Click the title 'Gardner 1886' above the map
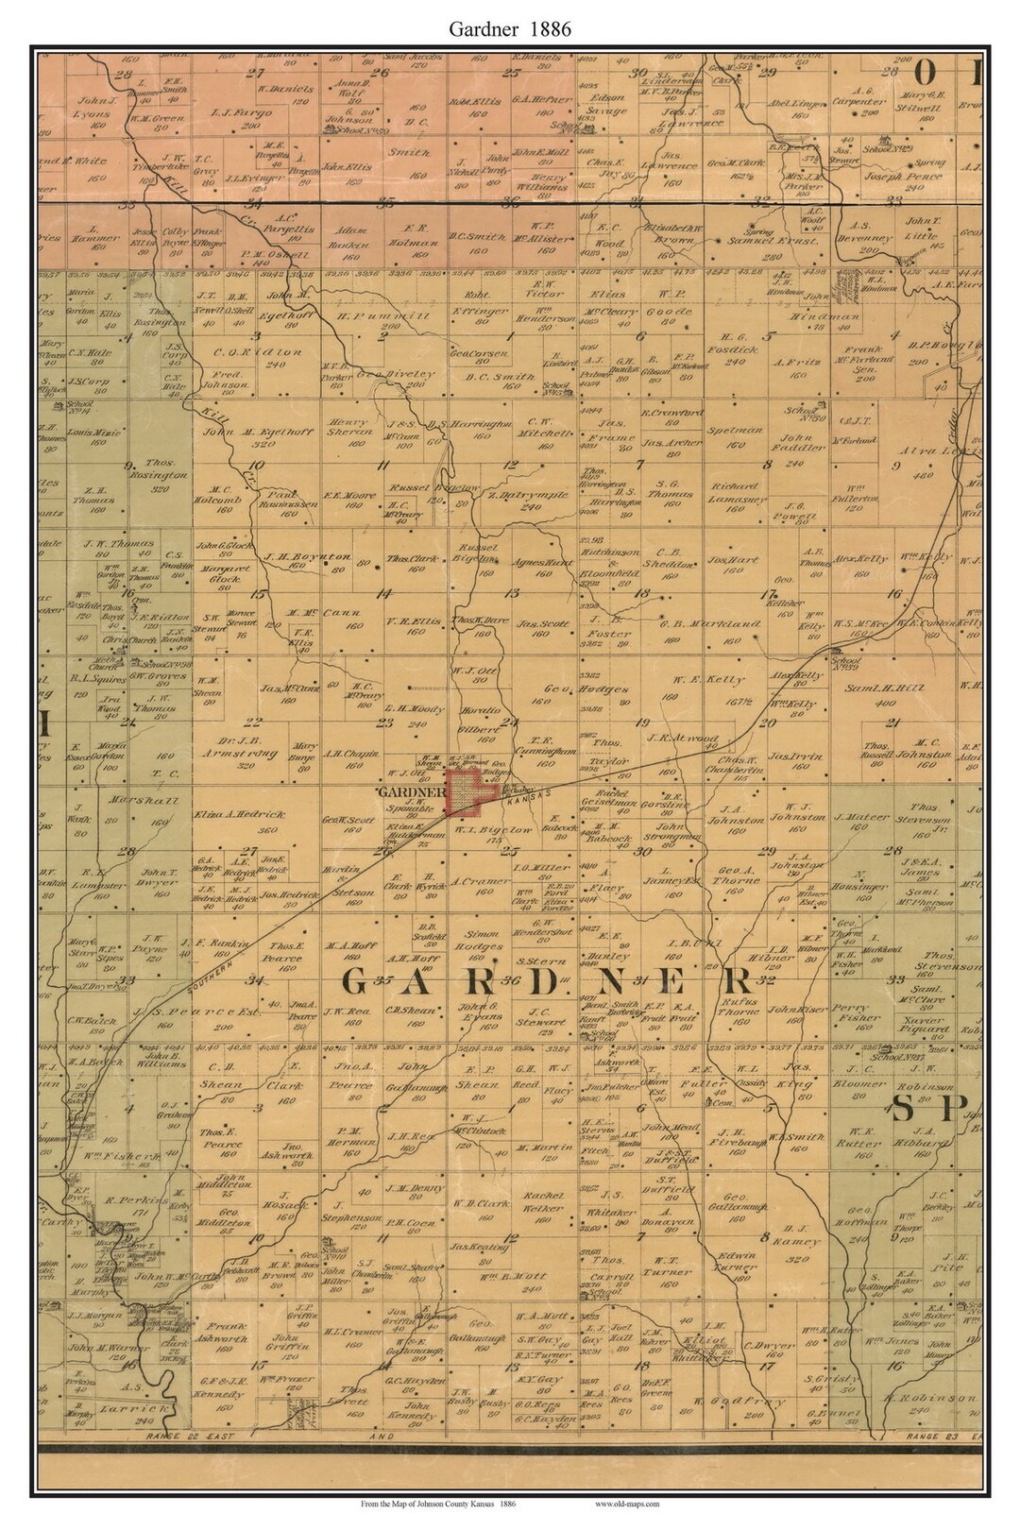pos(509,28)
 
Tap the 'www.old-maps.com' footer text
pos(627,1502)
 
